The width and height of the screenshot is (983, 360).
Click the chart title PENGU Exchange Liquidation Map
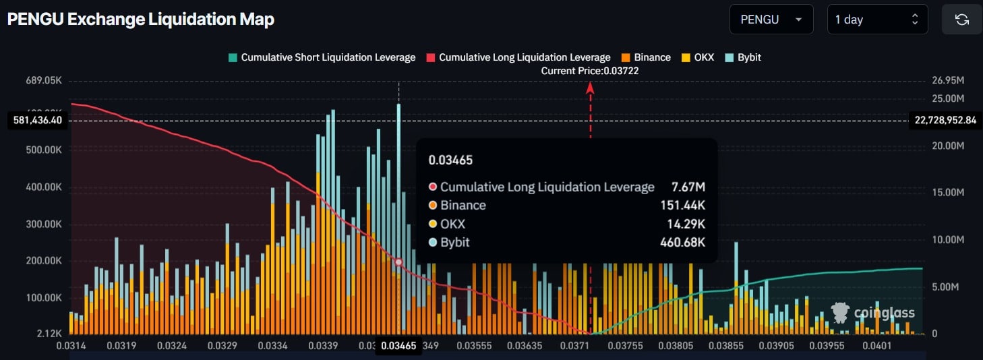[x=140, y=20]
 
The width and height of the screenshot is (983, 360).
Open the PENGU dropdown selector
[x=771, y=20]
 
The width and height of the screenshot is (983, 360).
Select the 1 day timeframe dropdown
[x=877, y=20]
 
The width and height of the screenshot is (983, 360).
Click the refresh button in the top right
[x=961, y=20]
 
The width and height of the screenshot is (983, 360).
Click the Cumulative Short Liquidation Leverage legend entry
[x=322, y=57]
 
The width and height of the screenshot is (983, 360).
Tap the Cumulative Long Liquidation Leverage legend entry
[x=518, y=57]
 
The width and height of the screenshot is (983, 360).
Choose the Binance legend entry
[x=646, y=57]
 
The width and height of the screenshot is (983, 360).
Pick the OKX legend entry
[x=698, y=57]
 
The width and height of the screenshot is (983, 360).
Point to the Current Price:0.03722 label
[x=590, y=71]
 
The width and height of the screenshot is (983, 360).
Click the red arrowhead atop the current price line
[x=590, y=86]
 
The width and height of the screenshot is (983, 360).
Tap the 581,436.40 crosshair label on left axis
[x=38, y=121]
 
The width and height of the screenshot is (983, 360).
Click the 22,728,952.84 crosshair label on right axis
[x=945, y=121]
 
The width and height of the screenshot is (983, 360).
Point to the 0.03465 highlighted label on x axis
[x=398, y=346]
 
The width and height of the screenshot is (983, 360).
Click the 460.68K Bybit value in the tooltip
[x=682, y=242]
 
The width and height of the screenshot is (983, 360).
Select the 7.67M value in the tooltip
[x=688, y=187]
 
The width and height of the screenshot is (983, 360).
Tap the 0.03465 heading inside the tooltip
[x=450, y=160]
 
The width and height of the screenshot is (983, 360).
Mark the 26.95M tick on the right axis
[x=947, y=81]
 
